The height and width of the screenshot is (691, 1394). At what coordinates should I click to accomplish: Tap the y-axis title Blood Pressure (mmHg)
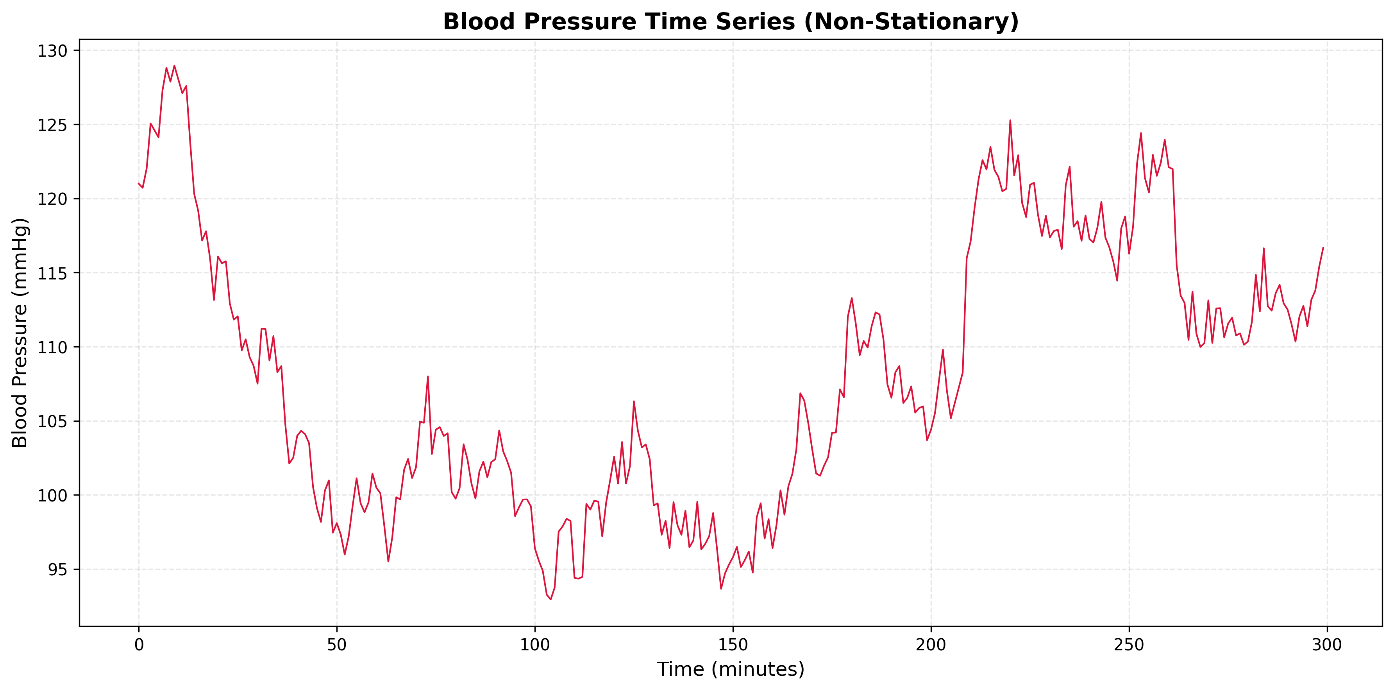pos(20,333)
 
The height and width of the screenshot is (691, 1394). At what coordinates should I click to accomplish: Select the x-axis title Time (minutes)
pos(731,670)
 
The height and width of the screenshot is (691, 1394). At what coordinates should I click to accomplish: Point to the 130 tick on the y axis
pos(52,51)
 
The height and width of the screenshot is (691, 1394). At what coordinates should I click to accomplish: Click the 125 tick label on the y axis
pos(52,125)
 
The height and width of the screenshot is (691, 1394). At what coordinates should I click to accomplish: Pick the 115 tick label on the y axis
pos(52,273)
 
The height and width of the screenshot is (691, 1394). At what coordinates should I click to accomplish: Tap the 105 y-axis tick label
pos(52,421)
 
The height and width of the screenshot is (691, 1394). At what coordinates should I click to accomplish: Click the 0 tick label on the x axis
pos(139,645)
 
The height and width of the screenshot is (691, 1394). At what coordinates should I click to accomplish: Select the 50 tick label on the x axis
pos(337,645)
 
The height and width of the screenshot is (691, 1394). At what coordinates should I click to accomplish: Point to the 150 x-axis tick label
pos(733,645)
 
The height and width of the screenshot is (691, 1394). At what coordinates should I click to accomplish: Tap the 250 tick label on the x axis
pos(1129,645)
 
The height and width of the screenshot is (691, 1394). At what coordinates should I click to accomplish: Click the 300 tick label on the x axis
pos(1327,645)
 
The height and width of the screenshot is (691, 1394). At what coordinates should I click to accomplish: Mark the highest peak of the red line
pos(174,66)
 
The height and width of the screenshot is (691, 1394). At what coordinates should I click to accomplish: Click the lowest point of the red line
pos(550,599)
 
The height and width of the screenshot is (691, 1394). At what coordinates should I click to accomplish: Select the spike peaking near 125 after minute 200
pos(1010,120)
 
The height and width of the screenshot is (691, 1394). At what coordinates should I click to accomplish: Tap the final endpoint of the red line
pos(1323,247)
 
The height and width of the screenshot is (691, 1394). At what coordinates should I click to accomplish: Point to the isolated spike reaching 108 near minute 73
pos(427,376)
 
